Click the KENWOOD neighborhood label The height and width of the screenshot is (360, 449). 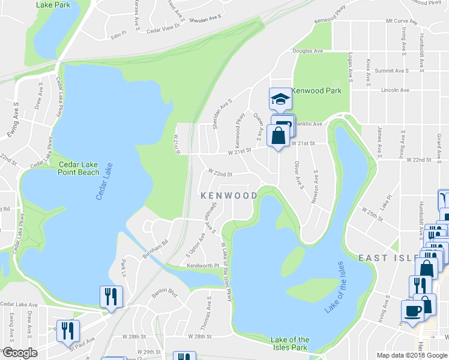pos(229,196)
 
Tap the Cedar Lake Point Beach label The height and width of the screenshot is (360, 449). pos(79,168)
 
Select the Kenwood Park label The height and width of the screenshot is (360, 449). pos(316,91)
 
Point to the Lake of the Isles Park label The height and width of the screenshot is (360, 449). pos(290,343)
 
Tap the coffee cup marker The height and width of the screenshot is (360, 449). pos(412,312)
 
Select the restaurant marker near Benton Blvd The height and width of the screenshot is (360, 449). pos(111,297)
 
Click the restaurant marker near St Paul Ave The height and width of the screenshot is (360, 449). pos(67,331)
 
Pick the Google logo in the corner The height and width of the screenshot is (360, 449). pos(19,353)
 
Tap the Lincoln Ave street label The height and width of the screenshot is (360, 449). pos(395,90)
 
